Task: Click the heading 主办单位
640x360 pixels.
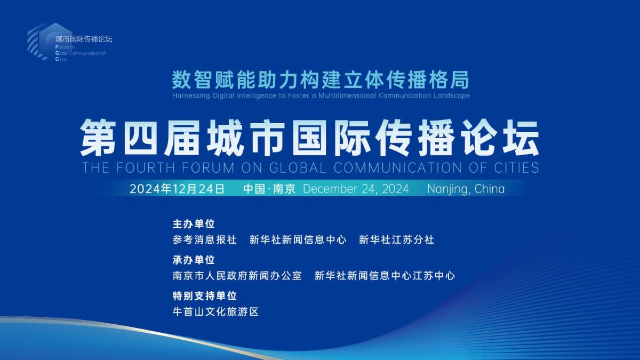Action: coord(194,224)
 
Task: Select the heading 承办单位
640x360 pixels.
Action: coord(194,260)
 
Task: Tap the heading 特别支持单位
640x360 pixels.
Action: coord(205,296)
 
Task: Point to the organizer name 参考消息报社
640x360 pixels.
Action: coord(205,239)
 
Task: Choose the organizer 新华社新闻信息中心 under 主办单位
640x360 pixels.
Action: coord(298,239)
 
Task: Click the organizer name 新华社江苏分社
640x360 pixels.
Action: coord(397,239)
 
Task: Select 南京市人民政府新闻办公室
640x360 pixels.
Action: coord(237,276)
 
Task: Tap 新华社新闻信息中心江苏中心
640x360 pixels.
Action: coord(385,276)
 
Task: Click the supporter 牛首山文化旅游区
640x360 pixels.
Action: coord(215,311)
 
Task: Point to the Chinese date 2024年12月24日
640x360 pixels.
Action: coord(177,189)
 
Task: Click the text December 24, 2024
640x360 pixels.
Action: coord(356,189)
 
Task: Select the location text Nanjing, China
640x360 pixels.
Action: coord(466,189)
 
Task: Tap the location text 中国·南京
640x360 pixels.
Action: coord(269,189)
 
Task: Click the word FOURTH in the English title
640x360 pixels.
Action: coord(146,167)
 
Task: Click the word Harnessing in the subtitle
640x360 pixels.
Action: coord(191,95)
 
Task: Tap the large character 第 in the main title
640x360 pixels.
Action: coord(98,138)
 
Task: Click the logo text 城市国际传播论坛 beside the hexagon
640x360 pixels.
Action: coord(84,39)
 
